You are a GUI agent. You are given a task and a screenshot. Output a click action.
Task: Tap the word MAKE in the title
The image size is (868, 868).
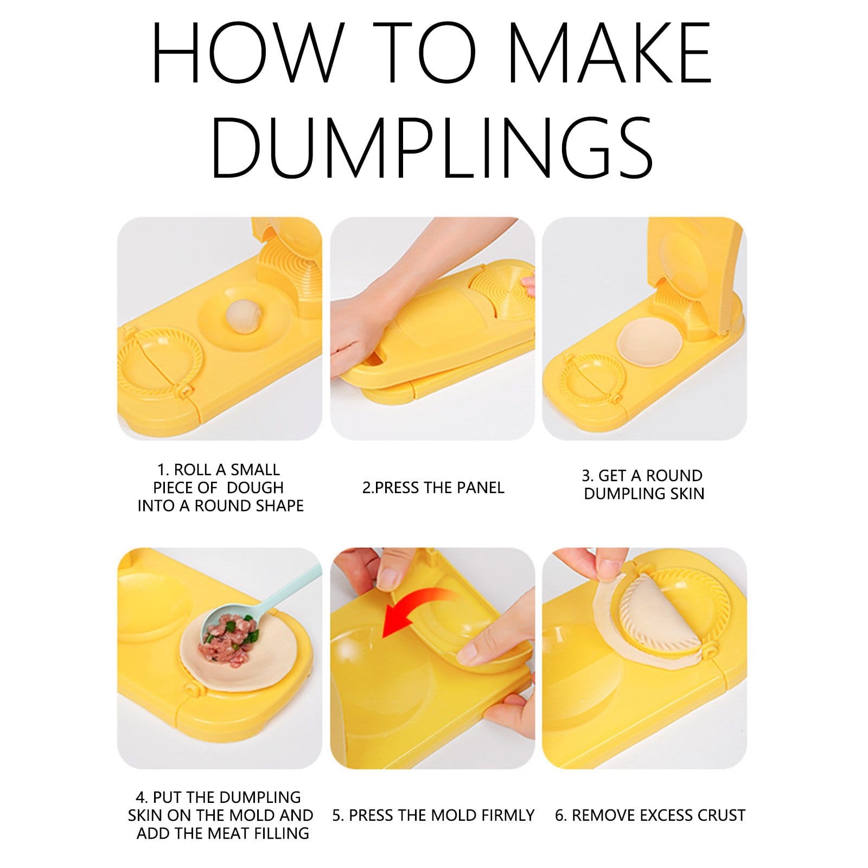(x=609, y=53)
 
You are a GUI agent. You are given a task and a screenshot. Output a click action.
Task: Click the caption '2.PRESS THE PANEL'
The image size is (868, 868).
(x=433, y=488)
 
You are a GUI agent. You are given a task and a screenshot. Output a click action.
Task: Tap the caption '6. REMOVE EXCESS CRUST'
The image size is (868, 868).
(x=650, y=815)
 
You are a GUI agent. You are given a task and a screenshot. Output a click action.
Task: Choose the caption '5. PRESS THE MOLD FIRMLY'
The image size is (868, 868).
(x=433, y=815)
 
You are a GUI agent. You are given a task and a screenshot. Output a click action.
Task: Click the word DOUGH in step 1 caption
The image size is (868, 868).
(x=255, y=487)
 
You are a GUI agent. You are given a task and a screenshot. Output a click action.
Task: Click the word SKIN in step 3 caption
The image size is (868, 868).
(x=687, y=494)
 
